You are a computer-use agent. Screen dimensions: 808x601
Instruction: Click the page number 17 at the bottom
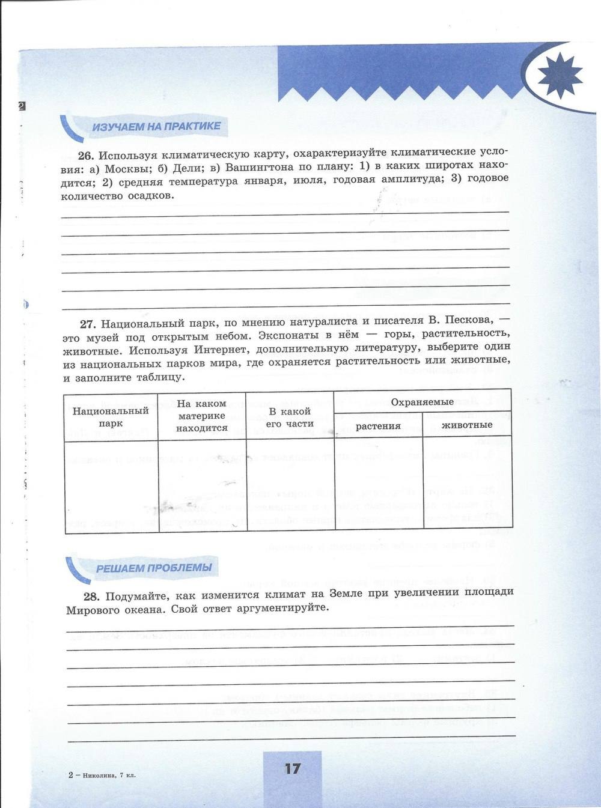click(292, 768)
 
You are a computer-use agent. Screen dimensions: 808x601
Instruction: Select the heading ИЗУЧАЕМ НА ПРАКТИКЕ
click(156, 127)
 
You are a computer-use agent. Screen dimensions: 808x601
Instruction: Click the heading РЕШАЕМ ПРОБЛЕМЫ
click(154, 568)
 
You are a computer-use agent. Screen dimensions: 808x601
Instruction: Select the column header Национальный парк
click(111, 417)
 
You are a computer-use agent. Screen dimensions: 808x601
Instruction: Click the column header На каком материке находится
click(202, 416)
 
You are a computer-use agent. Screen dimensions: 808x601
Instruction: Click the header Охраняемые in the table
click(422, 402)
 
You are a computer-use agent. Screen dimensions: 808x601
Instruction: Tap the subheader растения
click(378, 426)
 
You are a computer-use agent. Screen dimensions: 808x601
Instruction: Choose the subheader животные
click(467, 425)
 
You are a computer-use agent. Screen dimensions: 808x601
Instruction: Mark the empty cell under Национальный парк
click(111, 487)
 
